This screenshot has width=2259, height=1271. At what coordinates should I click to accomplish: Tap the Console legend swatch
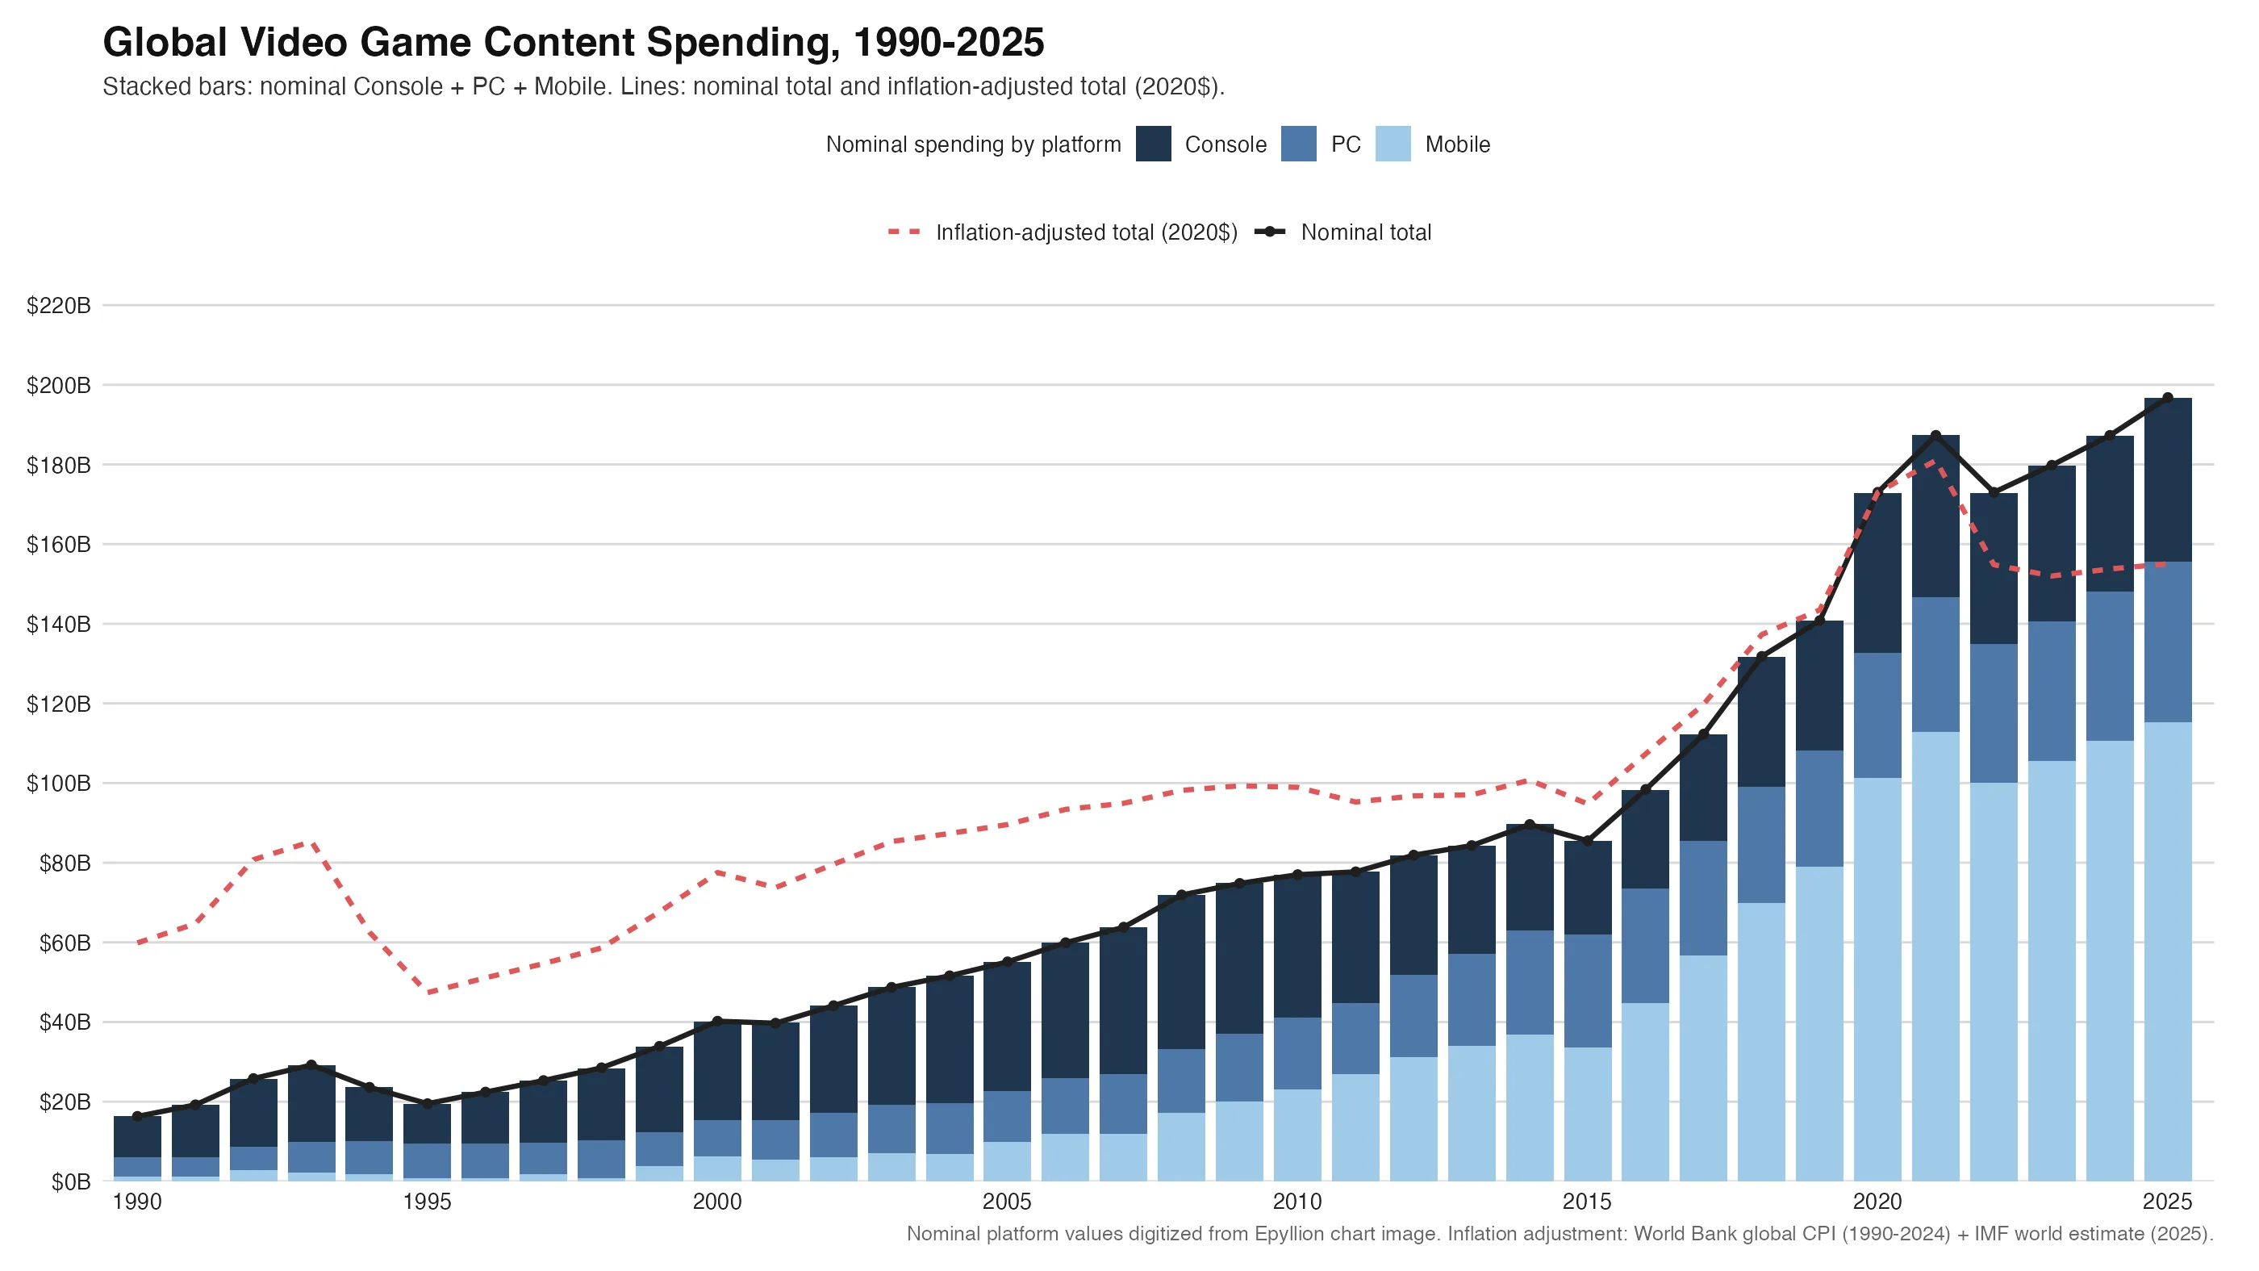tap(1153, 144)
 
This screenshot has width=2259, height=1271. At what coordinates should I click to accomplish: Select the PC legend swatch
tap(1299, 144)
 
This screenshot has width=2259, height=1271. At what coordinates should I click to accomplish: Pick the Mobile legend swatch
tap(1393, 144)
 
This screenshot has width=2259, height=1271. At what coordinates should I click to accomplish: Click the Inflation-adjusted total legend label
tap(1086, 232)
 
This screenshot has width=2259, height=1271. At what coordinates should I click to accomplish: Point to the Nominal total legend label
tap(1365, 232)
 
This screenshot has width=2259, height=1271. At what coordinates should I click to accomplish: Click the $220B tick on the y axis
tap(59, 306)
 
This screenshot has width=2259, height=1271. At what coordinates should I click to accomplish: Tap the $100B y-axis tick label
tap(59, 784)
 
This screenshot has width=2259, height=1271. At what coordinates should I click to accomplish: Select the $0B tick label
tap(70, 1181)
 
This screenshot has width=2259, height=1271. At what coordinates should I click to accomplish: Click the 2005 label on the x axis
tap(1007, 1202)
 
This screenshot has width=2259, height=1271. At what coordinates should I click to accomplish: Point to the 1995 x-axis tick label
tap(427, 1202)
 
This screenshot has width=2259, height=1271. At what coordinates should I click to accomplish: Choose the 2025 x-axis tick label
tap(2167, 1202)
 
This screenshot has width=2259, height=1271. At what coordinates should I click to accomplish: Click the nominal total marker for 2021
tap(1935, 436)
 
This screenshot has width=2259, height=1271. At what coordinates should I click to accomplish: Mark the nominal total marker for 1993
tap(311, 1065)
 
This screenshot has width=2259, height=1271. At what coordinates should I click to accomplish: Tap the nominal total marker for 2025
tap(2168, 398)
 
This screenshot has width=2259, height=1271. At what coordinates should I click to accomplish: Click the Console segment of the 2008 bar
tap(1180, 972)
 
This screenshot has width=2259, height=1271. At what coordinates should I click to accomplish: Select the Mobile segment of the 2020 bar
tap(1877, 979)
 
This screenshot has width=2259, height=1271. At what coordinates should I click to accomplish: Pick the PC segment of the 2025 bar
tap(2168, 642)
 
